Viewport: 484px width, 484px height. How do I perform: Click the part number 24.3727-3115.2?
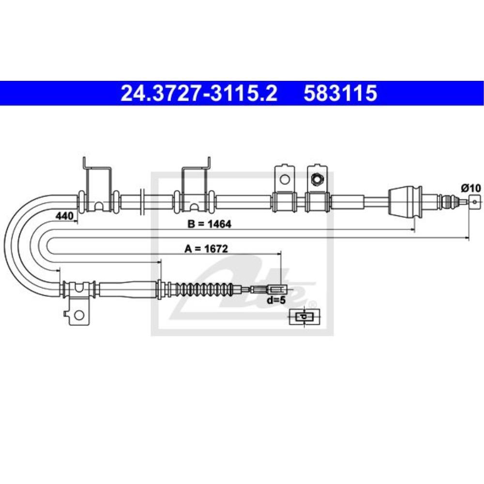coord(199,93)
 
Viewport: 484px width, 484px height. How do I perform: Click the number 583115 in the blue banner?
coord(340,93)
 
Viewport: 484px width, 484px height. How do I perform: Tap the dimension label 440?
coord(64,216)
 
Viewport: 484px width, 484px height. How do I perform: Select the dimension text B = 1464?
coord(209,224)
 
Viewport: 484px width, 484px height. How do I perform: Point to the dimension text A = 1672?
coord(206,248)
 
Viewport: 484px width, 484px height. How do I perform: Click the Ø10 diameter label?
coord(471,188)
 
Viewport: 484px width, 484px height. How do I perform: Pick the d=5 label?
coord(276,300)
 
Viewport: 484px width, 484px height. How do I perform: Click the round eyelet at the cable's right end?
coord(475,202)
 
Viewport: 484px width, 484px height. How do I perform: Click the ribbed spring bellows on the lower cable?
coord(205,289)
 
